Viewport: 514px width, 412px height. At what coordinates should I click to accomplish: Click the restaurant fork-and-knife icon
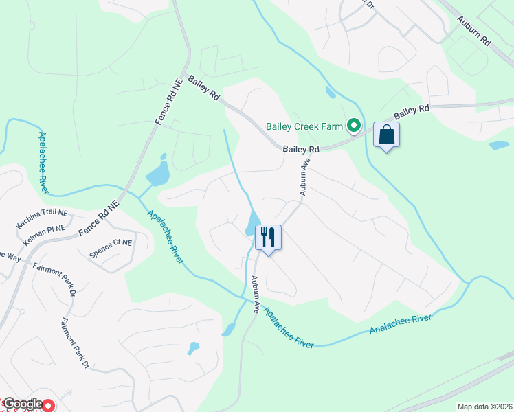267,238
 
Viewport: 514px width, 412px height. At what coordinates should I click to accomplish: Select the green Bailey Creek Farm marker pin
354,126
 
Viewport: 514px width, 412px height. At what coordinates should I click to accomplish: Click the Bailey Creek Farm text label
304,126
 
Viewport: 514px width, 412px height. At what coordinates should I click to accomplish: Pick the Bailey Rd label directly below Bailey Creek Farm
301,149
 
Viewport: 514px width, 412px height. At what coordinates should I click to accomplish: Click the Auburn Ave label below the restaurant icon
255,295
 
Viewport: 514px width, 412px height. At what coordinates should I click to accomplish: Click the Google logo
22,404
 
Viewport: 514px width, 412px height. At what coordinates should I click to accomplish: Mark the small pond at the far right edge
498,146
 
